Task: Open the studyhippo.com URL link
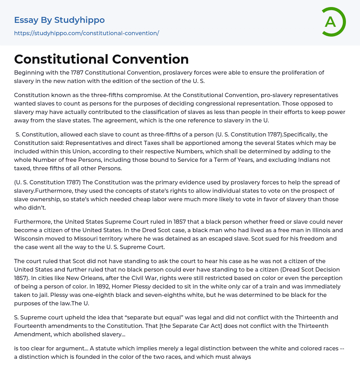(x=86, y=33)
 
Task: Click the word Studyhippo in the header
(x=79, y=20)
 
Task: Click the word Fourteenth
(x=31, y=326)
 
